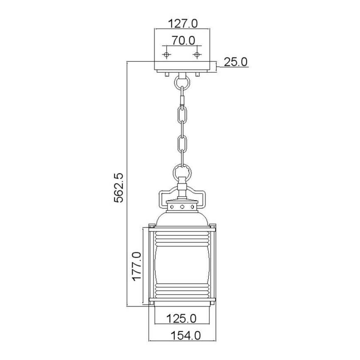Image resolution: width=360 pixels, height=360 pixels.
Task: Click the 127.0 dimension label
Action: (182, 23)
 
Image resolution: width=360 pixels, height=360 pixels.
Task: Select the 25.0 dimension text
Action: (236, 62)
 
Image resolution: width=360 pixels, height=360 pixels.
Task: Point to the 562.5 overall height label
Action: (119, 187)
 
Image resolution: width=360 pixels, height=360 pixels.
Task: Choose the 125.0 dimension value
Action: (182, 319)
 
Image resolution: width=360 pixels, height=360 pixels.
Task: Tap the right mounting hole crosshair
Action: (197, 55)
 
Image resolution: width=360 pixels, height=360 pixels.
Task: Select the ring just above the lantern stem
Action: (182, 171)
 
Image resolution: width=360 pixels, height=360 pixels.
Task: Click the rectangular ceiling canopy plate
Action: (182, 66)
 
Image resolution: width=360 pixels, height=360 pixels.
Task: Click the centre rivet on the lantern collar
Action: (182, 206)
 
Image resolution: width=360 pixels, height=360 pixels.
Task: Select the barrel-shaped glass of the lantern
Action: (182, 265)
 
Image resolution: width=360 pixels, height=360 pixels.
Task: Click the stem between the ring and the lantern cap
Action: (182, 189)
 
